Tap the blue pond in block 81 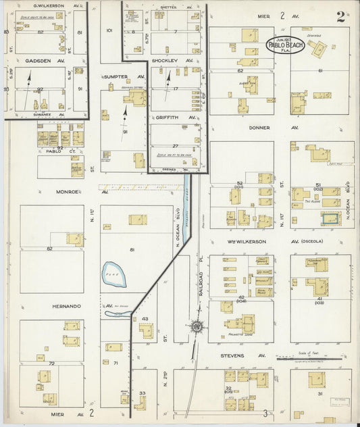(113, 274)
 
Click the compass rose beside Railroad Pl (197, 327)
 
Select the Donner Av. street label (259, 127)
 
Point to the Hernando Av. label (68, 305)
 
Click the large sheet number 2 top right (340, 17)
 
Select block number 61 (320, 70)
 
